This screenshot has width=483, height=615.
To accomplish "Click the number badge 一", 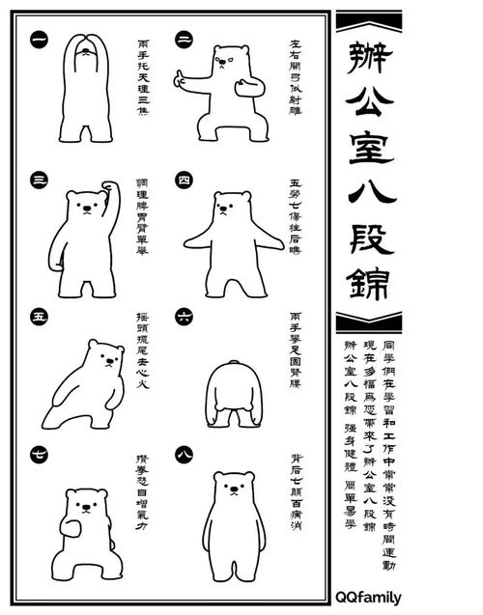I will tap(40, 40).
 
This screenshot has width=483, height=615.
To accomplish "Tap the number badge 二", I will tap(184, 40).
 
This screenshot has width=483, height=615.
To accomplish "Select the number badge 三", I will tap(40, 180).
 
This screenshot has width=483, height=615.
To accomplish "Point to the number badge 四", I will tap(184, 180).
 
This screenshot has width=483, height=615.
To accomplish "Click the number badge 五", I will tap(40, 316).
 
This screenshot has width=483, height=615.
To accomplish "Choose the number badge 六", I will tap(184, 316).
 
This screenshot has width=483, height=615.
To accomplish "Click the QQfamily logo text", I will tap(368, 597).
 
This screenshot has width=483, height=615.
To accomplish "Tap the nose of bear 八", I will tap(233, 493).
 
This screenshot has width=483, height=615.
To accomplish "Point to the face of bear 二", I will tap(225, 63).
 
